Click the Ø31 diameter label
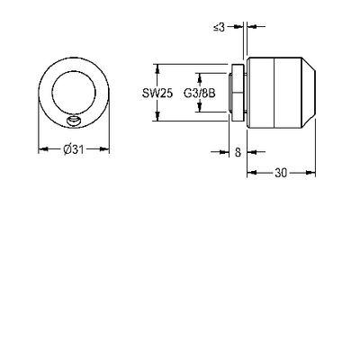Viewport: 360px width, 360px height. tap(73, 149)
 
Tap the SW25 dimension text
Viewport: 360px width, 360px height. tap(157, 94)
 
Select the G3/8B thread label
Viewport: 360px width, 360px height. tap(200, 94)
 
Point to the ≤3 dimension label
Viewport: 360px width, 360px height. tap(219, 27)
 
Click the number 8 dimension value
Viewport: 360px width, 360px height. tap(238, 152)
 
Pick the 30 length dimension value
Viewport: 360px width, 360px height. tap(281, 173)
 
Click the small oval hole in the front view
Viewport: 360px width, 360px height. tap(74, 121)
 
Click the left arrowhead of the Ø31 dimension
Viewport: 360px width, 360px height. tap(43, 148)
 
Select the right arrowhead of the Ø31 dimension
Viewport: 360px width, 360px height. tap(104, 148)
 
